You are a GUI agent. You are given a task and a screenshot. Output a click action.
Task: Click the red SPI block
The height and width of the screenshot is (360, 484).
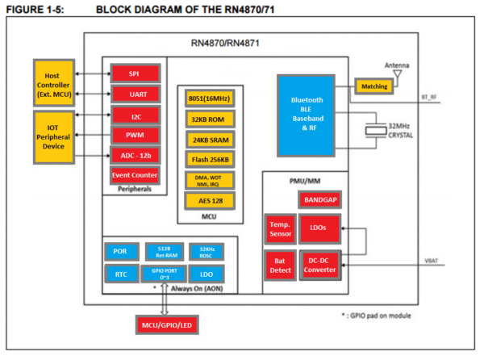tap(134, 73)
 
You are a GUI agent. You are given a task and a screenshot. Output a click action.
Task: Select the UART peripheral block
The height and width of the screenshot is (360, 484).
tap(134, 94)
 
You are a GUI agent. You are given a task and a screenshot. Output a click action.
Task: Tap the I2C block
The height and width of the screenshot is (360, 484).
tap(134, 115)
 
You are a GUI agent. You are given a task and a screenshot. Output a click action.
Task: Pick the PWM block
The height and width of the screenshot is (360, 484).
tap(134, 134)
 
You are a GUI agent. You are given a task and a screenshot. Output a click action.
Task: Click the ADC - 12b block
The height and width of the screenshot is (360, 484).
tap(134, 154)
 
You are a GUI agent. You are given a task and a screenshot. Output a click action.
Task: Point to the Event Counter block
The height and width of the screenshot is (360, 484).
tap(134, 174)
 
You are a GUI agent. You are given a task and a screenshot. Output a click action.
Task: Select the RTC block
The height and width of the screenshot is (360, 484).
tap(121, 274)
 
